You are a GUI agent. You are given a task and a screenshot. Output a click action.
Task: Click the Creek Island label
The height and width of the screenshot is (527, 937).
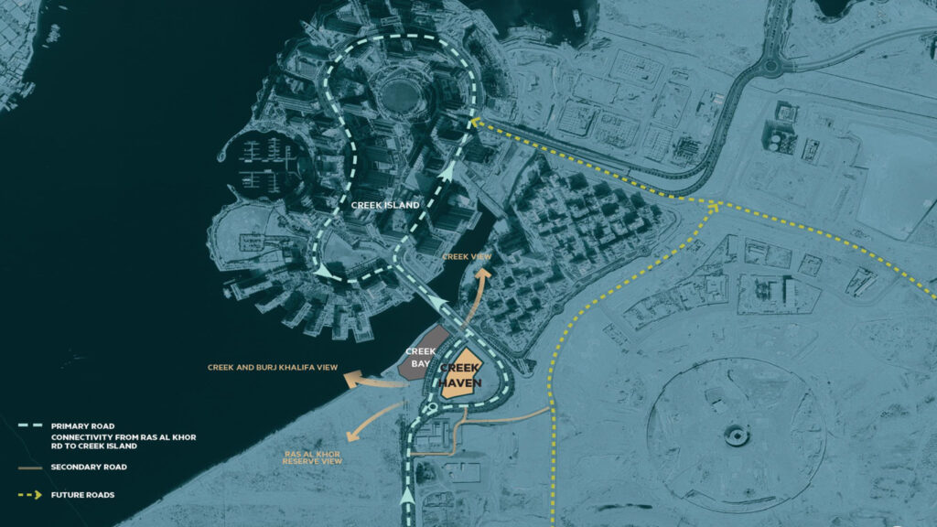click(385, 205)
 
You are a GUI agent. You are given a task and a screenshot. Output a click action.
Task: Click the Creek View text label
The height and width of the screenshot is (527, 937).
click(467, 257)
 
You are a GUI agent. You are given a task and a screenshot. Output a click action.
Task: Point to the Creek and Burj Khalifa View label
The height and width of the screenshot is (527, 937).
click(274, 368)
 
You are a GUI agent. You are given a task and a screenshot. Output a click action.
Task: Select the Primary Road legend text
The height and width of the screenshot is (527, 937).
click(81, 425)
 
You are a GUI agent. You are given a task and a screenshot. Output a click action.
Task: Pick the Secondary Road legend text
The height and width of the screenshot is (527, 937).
click(90, 467)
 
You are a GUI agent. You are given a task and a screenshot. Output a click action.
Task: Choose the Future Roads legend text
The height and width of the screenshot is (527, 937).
click(83, 495)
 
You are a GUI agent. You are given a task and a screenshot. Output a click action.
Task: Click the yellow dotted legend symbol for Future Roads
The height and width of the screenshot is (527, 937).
click(31, 495)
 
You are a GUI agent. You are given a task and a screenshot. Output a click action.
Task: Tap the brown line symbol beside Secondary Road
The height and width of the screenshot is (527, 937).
click(30, 467)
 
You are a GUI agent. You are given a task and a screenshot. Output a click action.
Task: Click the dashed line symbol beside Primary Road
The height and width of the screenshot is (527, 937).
click(30, 425)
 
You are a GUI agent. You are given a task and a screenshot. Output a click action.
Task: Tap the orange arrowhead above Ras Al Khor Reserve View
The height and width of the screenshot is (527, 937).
click(352, 434)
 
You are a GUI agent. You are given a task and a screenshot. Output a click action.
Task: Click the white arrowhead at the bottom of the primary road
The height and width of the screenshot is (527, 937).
click(408, 496)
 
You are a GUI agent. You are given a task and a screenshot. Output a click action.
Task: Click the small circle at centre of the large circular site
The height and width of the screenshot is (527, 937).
click(737, 436)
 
